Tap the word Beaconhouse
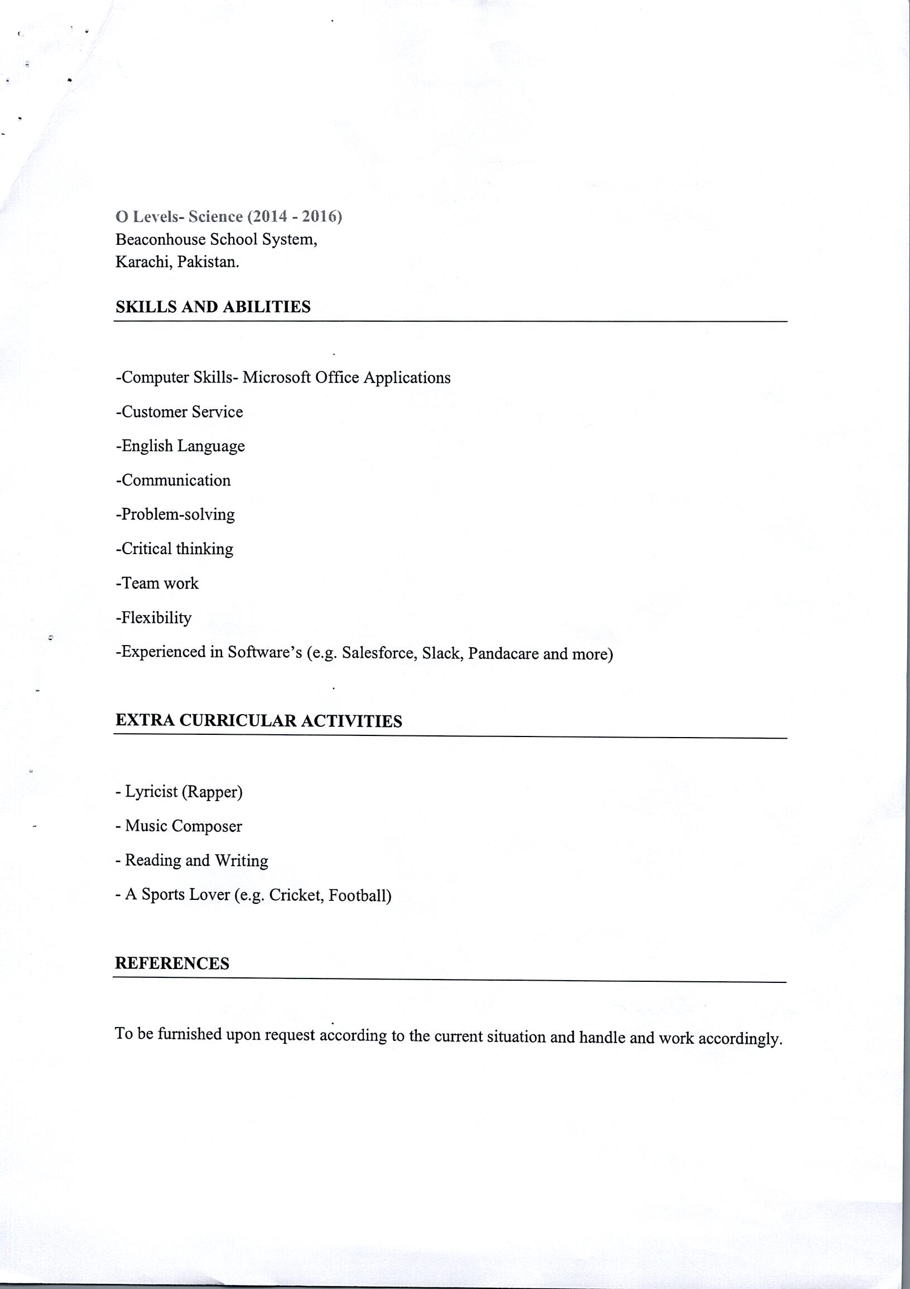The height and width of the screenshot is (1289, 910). pyautogui.click(x=160, y=240)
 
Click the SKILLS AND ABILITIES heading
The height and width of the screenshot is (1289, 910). pyautogui.click(x=213, y=307)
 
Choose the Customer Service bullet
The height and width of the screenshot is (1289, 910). pyautogui.click(x=179, y=412)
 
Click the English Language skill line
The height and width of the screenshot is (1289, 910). pyautogui.click(x=180, y=447)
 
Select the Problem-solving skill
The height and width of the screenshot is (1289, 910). pyautogui.click(x=175, y=515)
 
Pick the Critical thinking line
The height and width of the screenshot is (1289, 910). pyautogui.click(x=174, y=549)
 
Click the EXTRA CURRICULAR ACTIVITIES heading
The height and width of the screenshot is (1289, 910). pyautogui.click(x=258, y=721)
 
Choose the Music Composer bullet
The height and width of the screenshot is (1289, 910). pyautogui.click(x=179, y=826)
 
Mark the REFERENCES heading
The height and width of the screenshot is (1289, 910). pyautogui.click(x=172, y=963)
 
